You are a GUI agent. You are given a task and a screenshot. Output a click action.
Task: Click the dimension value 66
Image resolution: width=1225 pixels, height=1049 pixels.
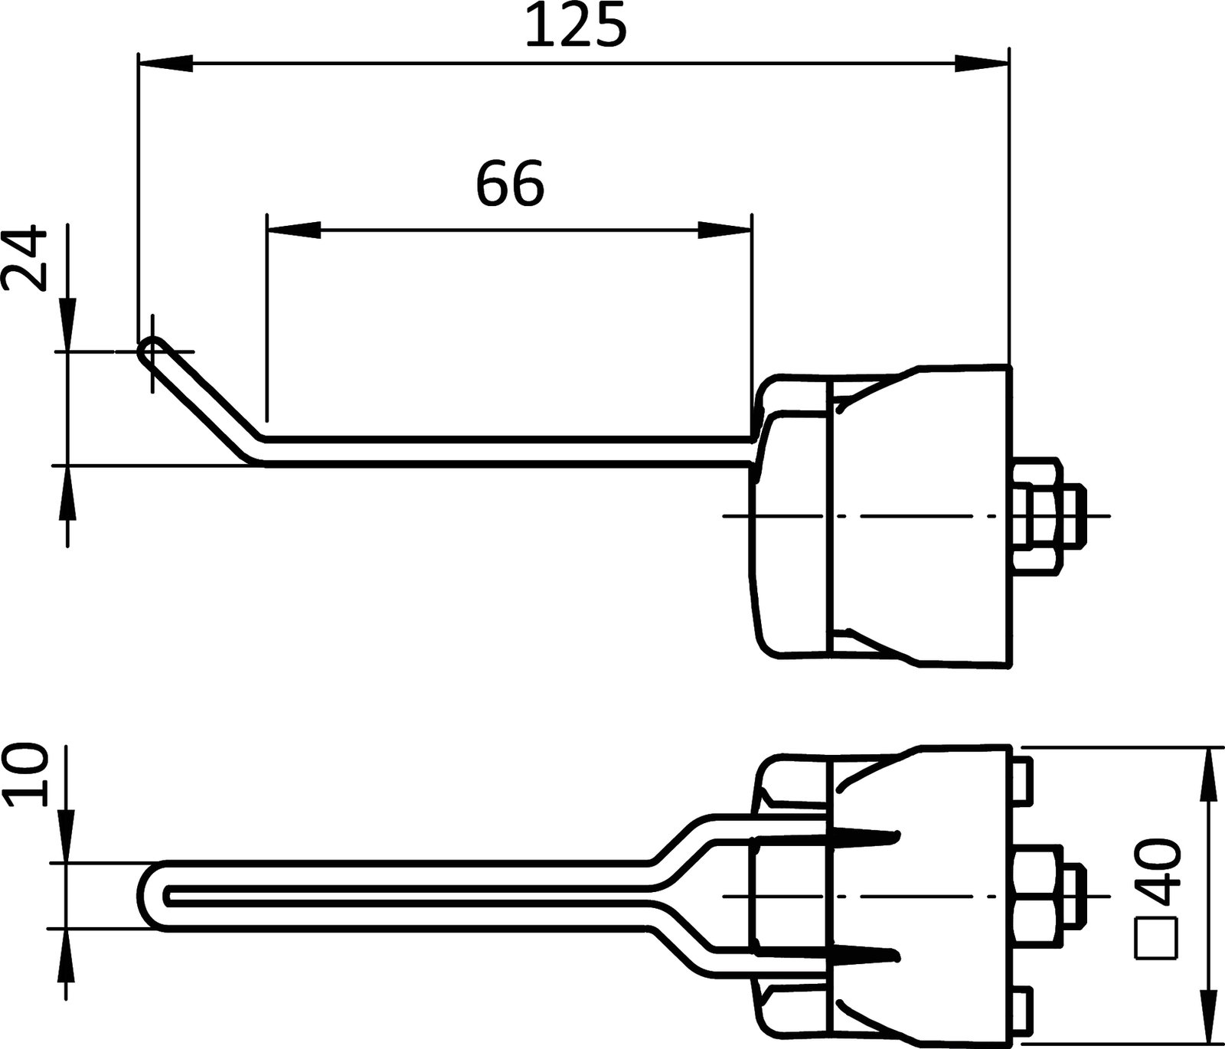coord(510,185)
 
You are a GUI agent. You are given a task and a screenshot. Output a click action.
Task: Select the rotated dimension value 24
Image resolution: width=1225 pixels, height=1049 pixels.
coord(24,258)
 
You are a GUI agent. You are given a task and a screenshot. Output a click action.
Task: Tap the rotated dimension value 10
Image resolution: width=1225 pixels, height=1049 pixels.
coord(24,777)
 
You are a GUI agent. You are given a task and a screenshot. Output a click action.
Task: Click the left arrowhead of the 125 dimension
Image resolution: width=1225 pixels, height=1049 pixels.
coord(165,64)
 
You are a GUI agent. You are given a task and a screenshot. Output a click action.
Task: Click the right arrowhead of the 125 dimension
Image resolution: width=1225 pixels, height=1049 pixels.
coord(982,64)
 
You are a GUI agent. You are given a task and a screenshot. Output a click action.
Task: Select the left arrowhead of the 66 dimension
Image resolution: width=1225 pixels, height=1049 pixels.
coord(293,230)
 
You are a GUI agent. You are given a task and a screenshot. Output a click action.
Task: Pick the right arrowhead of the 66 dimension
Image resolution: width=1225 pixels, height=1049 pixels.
coord(724,230)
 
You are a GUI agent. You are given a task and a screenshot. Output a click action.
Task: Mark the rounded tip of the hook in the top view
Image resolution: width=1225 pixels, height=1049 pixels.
coord(149,351)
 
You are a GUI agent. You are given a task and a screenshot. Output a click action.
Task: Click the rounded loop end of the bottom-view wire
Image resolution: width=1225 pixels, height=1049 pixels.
coord(151,896)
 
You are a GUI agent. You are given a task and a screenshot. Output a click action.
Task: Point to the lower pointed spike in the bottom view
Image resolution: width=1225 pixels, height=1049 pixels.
coord(865,954)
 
